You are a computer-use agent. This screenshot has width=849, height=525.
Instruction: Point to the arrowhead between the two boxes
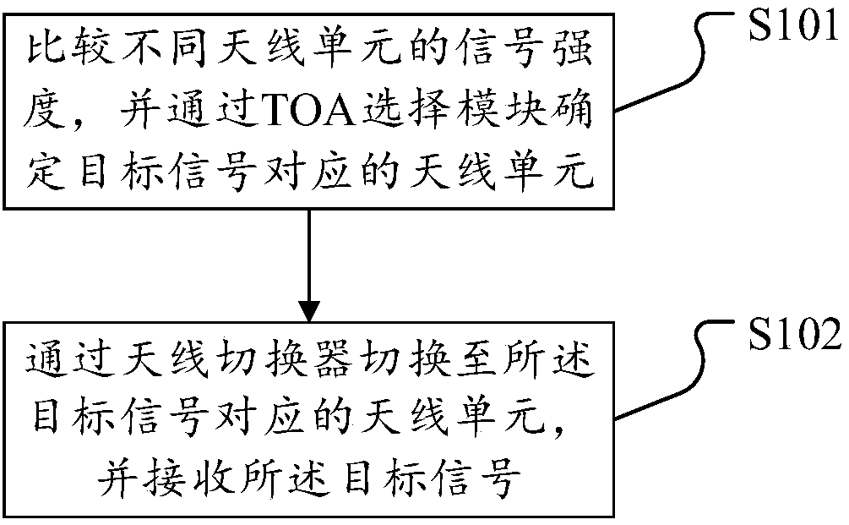310,305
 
